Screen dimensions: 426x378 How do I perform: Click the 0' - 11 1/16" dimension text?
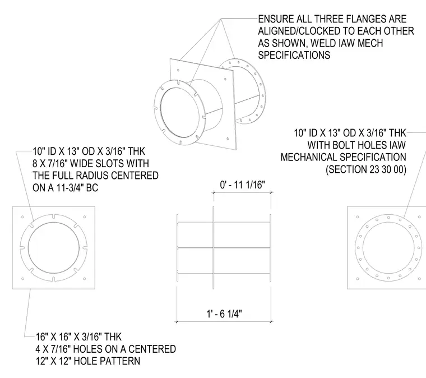point(242,185)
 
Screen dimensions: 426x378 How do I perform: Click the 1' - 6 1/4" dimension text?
point(224,314)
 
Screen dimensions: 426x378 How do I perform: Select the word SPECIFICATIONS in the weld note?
point(294,55)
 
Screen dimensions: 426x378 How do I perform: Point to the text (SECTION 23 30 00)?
point(366,169)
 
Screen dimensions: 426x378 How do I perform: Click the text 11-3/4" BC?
point(77,188)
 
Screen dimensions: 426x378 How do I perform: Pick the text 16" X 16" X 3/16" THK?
point(78,337)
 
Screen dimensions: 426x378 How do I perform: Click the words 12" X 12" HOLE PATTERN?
point(88,361)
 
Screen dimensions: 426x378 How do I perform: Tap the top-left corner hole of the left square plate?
point(23,217)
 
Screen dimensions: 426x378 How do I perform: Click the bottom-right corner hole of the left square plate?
point(85,279)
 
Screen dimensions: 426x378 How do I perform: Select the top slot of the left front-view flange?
point(53,216)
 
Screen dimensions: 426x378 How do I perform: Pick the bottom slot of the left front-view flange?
point(53,279)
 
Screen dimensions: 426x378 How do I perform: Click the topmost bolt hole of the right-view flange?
point(388,218)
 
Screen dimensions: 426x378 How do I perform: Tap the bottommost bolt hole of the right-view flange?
point(388,278)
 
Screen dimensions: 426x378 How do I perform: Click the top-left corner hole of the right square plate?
point(358,217)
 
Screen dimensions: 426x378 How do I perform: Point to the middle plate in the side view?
point(213,247)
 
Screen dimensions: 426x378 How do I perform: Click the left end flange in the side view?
point(178,247)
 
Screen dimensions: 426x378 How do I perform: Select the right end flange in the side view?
point(270,247)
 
